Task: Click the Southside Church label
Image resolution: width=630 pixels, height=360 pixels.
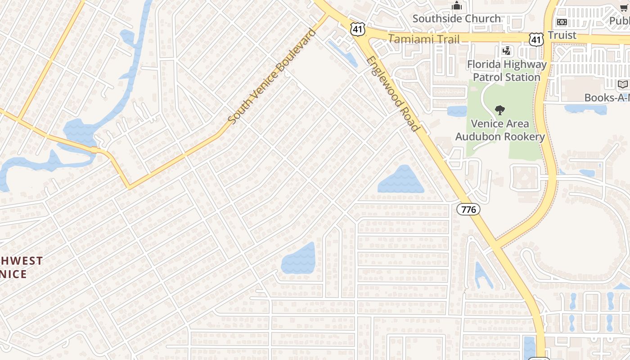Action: coord(456,18)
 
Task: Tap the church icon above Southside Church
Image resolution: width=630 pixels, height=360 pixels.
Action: coord(457,6)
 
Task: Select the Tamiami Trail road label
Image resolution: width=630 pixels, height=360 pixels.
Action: coord(423,39)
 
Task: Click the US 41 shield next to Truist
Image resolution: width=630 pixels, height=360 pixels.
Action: coord(536,39)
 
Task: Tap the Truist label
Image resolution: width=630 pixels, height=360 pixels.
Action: coord(562,35)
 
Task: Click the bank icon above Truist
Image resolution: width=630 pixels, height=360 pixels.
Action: coord(562,22)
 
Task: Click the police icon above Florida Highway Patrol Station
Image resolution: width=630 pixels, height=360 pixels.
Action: coord(507,51)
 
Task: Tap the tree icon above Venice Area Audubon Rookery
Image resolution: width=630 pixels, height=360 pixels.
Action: coord(499,110)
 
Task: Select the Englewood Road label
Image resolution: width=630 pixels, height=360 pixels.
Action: coord(393,94)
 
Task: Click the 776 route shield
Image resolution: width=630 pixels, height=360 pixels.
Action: coord(468,209)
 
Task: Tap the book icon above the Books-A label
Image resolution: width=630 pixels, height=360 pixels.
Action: coord(623,84)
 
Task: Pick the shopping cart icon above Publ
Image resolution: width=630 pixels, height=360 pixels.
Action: coord(624,8)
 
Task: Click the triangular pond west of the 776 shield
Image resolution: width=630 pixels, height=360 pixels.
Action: coord(402,180)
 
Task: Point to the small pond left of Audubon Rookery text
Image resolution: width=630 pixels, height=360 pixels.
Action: coord(457,111)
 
